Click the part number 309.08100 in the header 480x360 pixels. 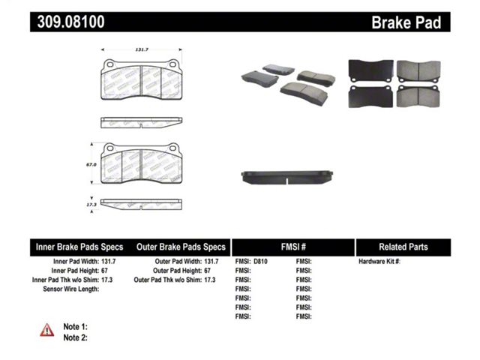pos(70,22)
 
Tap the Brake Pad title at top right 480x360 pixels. pos(406,22)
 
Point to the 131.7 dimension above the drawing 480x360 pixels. pos(142,49)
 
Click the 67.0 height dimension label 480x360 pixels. pos(91,165)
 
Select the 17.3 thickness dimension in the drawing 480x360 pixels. pos(91,205)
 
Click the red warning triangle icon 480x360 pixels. pos(46,330)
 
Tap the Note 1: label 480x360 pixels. pos(75,327)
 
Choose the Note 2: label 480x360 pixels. pos(75,337)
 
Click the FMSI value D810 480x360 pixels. pos(260,262)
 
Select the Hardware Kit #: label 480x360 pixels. pos(379,262)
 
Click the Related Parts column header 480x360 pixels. pos(403,247)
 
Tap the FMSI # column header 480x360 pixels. pos(293,247)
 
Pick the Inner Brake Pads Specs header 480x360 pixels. pos(79,247)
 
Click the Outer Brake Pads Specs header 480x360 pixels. pos(181,247)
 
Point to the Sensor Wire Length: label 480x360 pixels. pos(71,289)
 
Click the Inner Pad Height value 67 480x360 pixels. pos(104,271)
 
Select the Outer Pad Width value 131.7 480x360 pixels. pos(211,262)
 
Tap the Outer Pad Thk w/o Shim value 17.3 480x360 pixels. pos(210,280)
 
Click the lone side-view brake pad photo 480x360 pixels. pos(286,177)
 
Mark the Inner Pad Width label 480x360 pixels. pos(76,262)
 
